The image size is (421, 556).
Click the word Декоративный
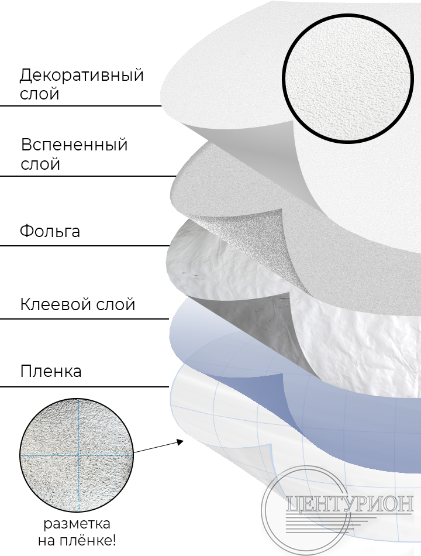(x=81, y=75)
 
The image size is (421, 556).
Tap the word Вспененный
(x=74, y=145)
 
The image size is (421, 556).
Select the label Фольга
(x=50, y=231)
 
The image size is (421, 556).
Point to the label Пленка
(x=51, y=372)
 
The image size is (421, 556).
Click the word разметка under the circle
(x=77, y=524)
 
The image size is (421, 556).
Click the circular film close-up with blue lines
(x=77, y=455)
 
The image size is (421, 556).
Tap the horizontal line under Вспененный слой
(x=88, y=176)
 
